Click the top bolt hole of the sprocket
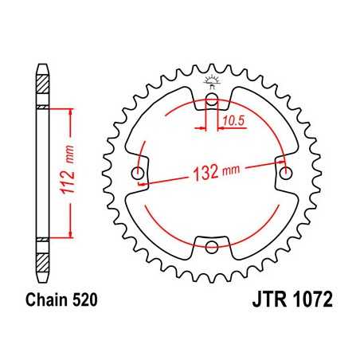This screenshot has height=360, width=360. tap(212, 101)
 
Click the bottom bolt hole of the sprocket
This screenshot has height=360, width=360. tap(212, 246)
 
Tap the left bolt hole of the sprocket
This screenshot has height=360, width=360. tap(140, 174)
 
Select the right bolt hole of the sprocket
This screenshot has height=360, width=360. tap(284, 174)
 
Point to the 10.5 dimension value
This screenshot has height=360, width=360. tap(233, 120)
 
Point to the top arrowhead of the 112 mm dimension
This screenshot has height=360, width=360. tap(72, 112)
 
